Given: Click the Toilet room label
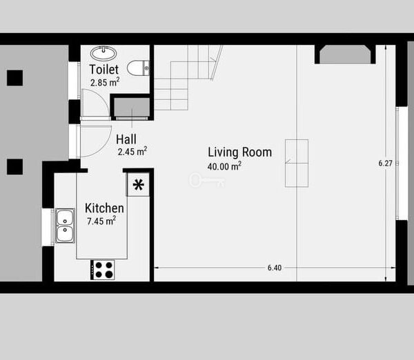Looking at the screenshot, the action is coord(104,70).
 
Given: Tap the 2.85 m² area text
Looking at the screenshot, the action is coord(105,82).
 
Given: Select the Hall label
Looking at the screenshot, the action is coord(126,139).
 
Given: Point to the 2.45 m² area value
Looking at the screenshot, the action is coord(132,152).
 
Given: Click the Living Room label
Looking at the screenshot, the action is coord(239,152).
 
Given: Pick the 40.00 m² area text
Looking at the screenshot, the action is coord(224,166).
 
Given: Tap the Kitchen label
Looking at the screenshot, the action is coord(104,208).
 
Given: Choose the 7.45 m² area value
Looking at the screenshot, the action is coord(101,221).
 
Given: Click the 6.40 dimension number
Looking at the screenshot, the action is coord(275,268).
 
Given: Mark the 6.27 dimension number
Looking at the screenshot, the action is coord(386,163).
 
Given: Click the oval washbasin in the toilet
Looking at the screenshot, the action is coord(103,53).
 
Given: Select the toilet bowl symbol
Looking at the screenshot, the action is coord(138,68).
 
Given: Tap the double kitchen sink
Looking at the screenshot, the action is coord(65,226).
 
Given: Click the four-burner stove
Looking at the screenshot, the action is coord(103,270).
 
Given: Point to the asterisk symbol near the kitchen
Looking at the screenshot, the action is coord(139,185).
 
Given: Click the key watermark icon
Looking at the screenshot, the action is coord(207,181).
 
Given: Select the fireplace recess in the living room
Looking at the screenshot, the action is coord(345,54).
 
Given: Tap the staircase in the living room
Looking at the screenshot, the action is coord(188,77).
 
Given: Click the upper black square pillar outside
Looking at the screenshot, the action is coord(14,78).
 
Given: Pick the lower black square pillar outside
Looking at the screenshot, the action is coord(14,167).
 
